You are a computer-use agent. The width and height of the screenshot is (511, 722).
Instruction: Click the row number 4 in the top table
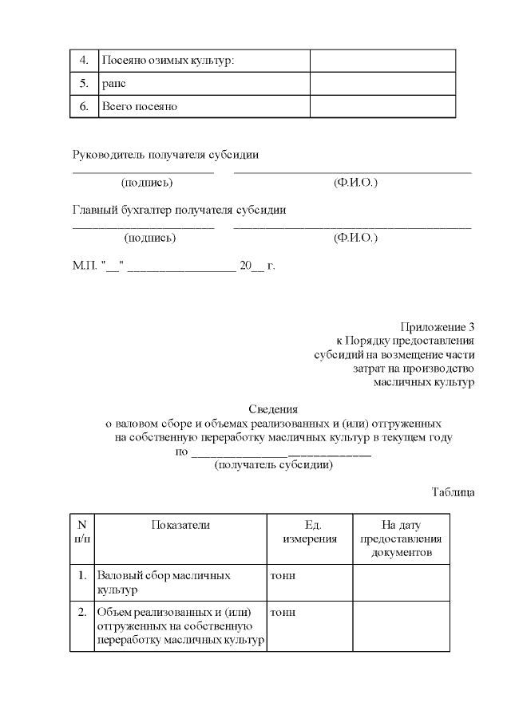[x=84, y=61]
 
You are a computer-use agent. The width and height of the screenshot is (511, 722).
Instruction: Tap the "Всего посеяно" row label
[x=139, y=106]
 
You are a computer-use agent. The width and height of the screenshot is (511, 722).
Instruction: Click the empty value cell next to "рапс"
[x=382, y=84]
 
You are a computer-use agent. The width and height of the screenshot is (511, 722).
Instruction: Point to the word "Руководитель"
[x=109, y=154]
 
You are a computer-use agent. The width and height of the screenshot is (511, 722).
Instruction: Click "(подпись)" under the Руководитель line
[x=147, y=183]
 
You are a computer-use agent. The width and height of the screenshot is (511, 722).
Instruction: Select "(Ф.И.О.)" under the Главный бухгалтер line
[x=355, y=238]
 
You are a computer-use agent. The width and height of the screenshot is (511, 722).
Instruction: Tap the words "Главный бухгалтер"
[x=120, y=210]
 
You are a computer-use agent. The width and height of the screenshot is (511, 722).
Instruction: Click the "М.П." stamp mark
[x=84, y=265]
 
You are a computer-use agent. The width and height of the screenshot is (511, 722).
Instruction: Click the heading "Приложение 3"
[x=437, y=326]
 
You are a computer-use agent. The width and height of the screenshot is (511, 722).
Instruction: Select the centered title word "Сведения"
[x=273, y=408]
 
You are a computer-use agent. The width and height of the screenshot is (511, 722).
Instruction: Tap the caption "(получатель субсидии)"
[x=273, y=465]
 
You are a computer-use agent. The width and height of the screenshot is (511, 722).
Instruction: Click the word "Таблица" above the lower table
[x=453, y=491]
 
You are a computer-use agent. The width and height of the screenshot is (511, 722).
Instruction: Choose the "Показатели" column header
[x=180, y=525]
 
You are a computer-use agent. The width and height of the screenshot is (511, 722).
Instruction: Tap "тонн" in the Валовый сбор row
[x=283, y=575]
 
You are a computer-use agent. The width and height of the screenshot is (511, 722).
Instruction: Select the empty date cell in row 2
[x=401, y=626]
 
